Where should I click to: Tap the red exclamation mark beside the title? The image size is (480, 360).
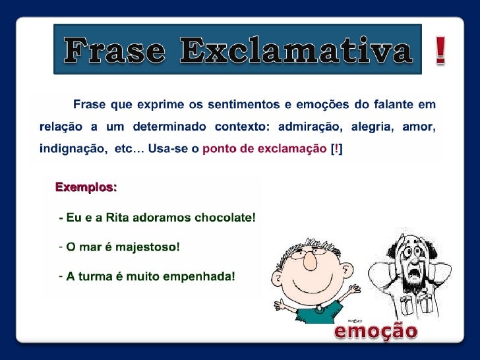(x=440, y=51)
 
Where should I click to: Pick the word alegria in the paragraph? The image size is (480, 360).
(x=369, y=126)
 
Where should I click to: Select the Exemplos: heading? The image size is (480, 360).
(x=86, y=188)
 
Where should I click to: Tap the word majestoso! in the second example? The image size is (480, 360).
(x=147, y=247)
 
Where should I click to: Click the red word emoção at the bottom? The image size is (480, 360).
(x=376, y=332)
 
